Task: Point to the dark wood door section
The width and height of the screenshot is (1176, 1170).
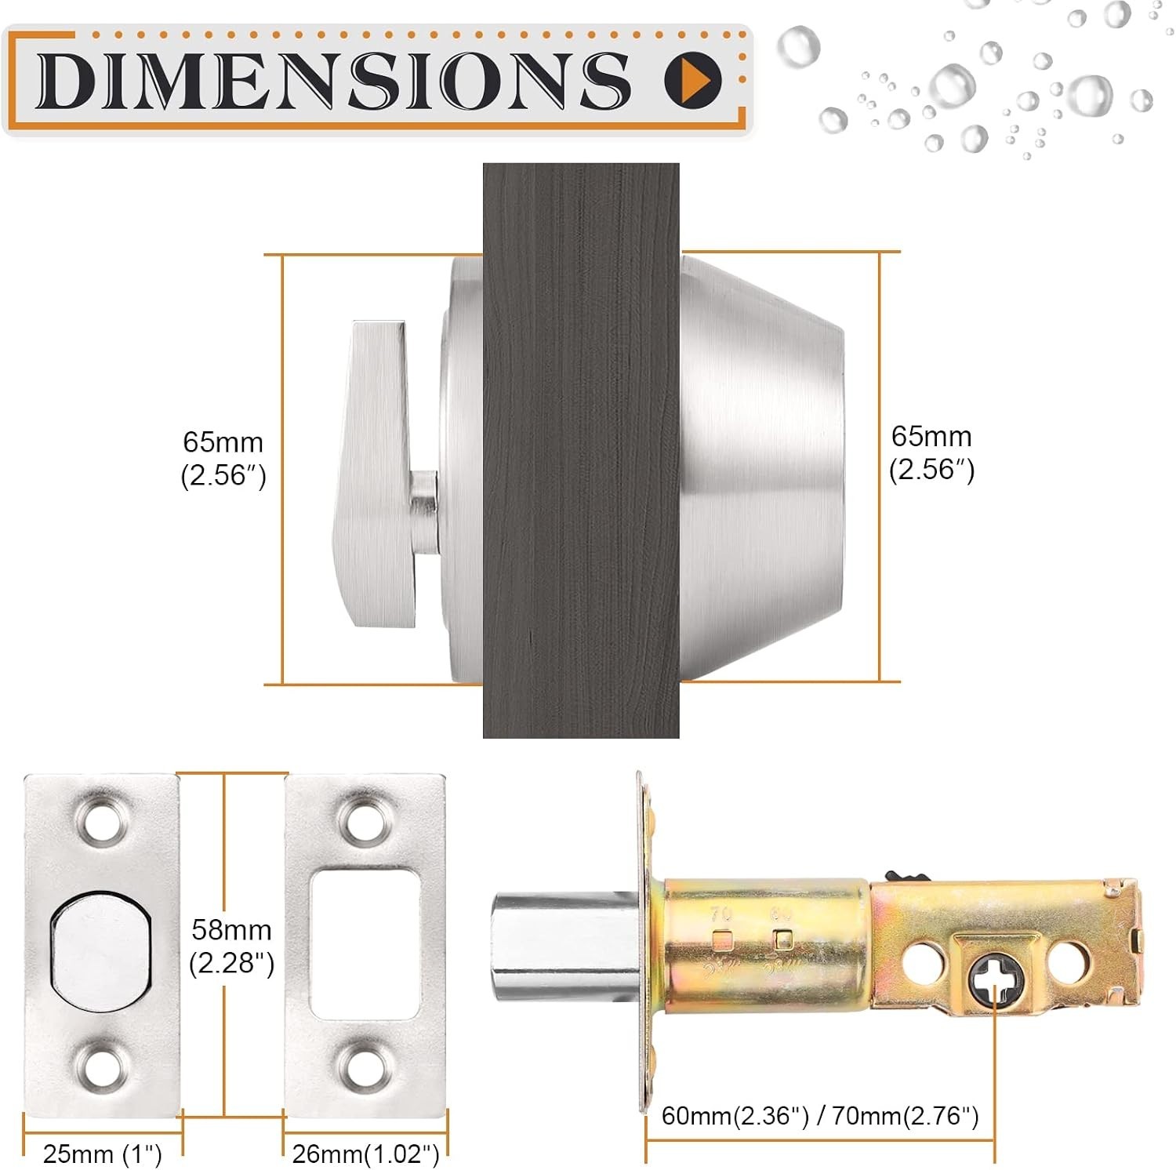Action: click(581, 450)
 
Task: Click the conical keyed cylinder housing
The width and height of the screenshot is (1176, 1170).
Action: click(761, 467)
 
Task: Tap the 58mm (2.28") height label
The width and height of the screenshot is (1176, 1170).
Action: click(232, 946)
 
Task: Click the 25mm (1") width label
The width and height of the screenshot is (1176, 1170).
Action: click(103, 1154)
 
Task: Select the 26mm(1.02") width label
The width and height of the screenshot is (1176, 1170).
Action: click(365, 1154)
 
